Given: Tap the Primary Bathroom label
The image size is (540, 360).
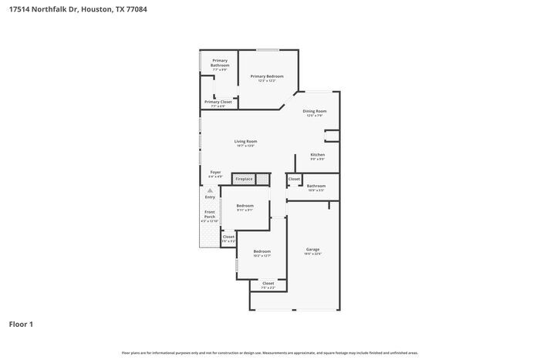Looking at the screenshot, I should click(x=220, y=63).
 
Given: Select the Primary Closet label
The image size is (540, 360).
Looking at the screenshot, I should click(x=218, y=102).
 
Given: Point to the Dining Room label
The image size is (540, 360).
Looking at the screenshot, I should click(x=316, y=112).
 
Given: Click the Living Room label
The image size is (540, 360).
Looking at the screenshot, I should click(x=246, y=142).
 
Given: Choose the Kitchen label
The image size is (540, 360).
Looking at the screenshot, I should click(x=317, y=155).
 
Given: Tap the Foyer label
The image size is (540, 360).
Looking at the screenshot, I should click(x=215, y=173).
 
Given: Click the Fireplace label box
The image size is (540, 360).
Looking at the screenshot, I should click(x=244, y=179).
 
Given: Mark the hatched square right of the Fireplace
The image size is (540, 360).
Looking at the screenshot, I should click(x=264, y=179).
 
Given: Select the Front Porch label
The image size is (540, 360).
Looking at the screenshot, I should click(x=210, y=214).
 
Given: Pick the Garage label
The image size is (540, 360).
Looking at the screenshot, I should click(x=312, y=250).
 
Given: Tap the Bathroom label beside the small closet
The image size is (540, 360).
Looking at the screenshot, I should click(x=316, y=186).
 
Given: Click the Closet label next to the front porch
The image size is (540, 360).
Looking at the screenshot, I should click(x=228, y=237).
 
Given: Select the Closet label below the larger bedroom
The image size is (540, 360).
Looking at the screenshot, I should click(x=268, y=284).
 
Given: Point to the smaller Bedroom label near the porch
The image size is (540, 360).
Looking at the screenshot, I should click(x=245, y=206).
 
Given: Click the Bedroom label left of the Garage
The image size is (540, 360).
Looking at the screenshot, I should click(x=262, y=251).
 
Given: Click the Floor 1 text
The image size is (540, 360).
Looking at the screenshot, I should click(x=21, y=324).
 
